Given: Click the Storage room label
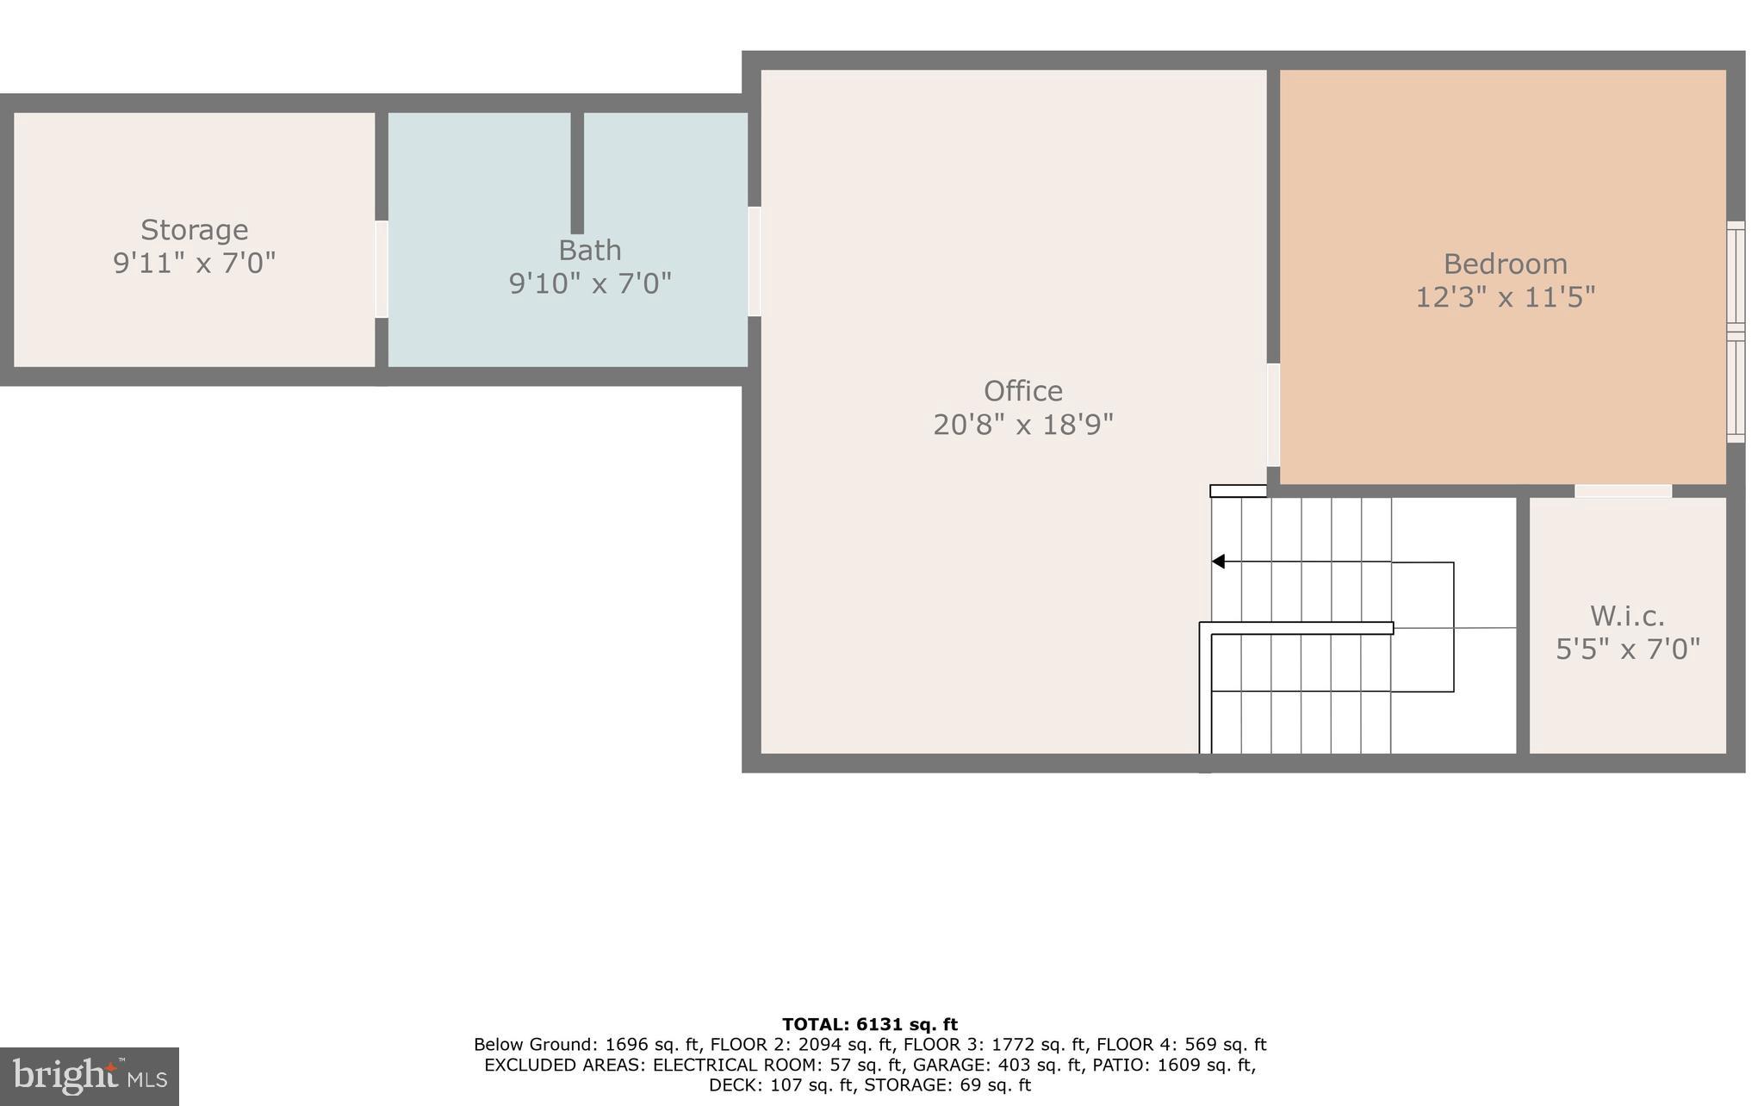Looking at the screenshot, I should coord(194,230).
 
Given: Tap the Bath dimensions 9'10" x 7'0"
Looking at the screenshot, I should coord(590,283).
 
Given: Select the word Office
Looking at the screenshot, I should coord(1022,391).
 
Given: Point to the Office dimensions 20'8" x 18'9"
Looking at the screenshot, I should coord(1022,425).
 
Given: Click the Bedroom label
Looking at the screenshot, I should coord(1505,264).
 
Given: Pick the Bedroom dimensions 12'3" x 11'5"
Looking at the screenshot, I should coord(1505,297).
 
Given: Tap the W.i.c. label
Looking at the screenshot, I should coord(1626,616).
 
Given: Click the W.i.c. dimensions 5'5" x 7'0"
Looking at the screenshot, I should coord(1627,649).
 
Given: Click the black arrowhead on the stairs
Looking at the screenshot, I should coord(1218,562).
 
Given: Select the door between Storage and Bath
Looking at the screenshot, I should coord(381,269).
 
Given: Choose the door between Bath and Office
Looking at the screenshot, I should coord(754,261).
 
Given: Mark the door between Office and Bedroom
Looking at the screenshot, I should coord(1272,414).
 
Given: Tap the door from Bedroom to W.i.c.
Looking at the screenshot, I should coord(1623,491).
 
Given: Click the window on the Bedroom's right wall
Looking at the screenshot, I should coord(1736,332).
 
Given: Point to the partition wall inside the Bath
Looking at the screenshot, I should coord(577,172).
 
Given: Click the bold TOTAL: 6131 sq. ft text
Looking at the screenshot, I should coord(869,1024).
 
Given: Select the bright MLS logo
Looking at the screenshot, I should coord(90,1076).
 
